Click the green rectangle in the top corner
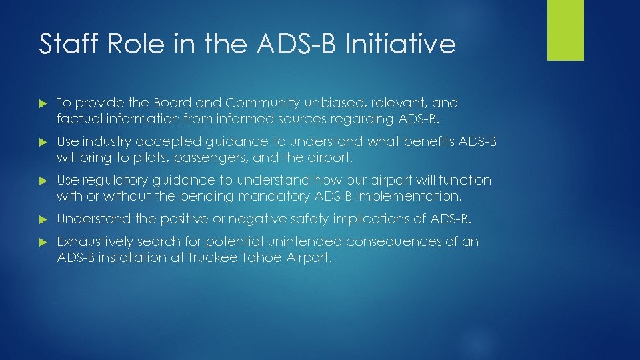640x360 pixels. [565, 30]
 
